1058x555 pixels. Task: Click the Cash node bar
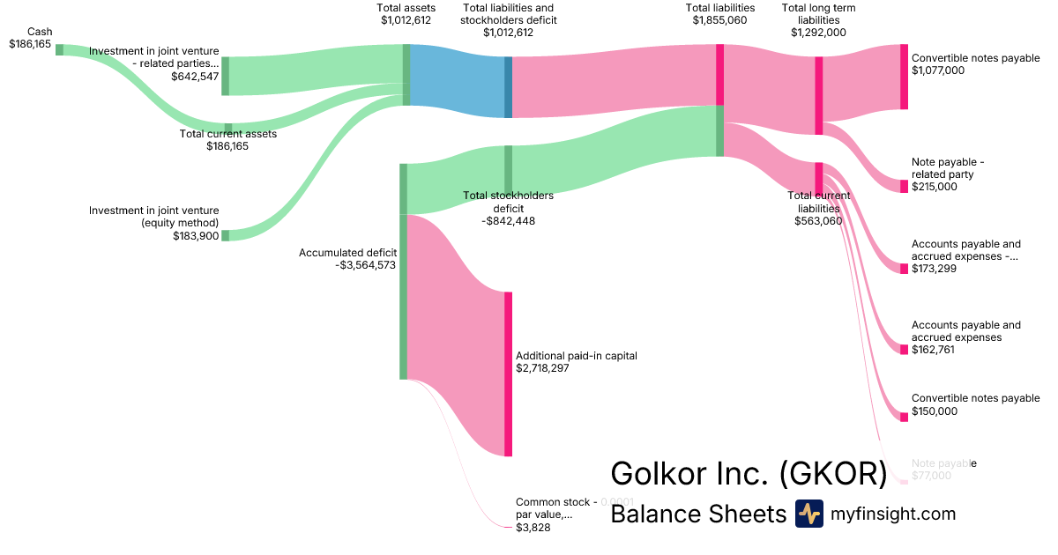click(60, 49)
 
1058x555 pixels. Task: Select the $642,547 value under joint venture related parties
click(195, 77)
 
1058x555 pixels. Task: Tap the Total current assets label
click(227, 134)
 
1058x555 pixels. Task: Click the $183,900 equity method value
click(196, 235)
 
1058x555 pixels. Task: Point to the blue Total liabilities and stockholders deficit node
click(508, 87)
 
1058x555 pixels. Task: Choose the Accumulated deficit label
click(348, 253)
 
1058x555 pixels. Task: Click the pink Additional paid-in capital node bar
click(508, 374)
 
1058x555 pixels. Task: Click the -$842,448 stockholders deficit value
click(509, 221)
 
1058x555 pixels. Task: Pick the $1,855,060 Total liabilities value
click(720, 19)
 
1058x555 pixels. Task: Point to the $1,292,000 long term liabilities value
click(818, 32)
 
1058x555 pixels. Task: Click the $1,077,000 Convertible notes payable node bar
click(904, 77)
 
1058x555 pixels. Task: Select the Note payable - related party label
click(947, 168)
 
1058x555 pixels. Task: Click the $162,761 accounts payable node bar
click(904, 350)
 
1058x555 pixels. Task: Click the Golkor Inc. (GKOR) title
click(749, 474)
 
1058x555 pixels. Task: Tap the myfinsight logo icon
click(808, 514)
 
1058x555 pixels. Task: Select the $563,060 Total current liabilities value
click(818, 221)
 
